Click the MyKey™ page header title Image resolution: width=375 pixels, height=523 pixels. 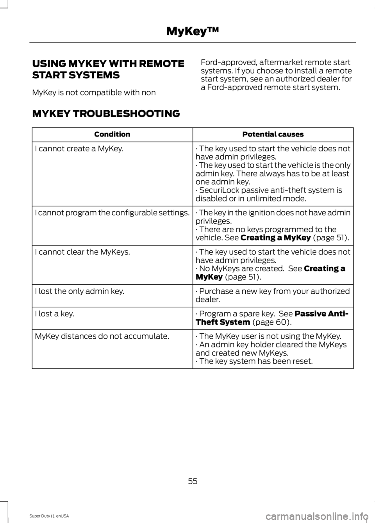click(193, 31)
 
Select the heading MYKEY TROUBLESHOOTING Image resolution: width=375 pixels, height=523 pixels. click(106, 114)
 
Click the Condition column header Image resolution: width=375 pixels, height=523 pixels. click(112, 134)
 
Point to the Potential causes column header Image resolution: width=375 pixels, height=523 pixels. click(273, 134)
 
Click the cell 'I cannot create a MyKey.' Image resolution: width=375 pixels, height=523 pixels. click(79, 149)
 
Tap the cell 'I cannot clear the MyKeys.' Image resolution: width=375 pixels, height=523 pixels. click(82, 252)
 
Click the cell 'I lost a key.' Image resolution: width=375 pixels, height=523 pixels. click(54, 314)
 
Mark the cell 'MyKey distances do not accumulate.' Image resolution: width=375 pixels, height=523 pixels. click(102, 336)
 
